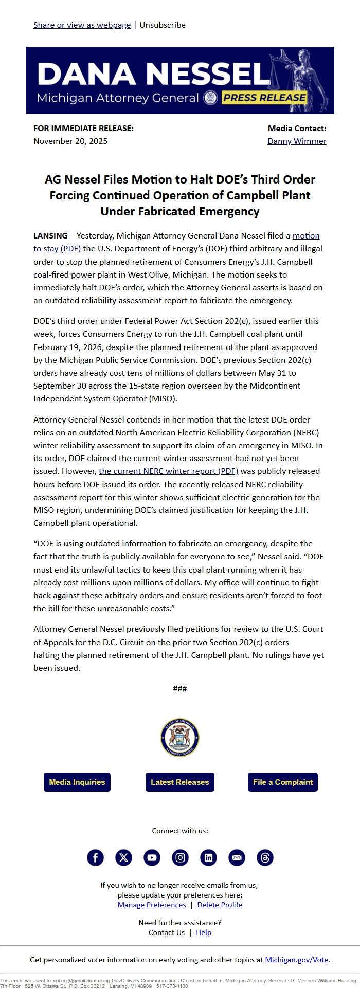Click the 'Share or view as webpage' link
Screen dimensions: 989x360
coord(82,25)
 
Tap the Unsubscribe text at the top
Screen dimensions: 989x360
coord(163,25)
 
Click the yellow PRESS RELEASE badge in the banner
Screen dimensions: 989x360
coord(265,98)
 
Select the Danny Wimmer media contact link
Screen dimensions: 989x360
coord(297,141)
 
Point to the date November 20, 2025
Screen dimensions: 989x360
coord(70,141)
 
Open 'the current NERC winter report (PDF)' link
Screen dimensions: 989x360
coord(168,471)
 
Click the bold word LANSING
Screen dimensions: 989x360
coord(50,235)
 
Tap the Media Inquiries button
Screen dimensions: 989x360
coord(77,782)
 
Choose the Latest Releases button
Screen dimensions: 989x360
coord(179,782)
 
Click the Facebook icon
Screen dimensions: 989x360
coord(95,857)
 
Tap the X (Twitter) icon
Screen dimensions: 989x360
coord(123,857)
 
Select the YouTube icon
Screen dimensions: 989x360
coord(152,857)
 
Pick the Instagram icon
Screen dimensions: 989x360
coord(180,857)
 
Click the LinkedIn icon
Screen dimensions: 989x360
coord(208,857)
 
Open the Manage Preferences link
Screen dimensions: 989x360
coord(152,905)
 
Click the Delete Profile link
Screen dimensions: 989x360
coord(220,905)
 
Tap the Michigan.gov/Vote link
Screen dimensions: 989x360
coord(296,959)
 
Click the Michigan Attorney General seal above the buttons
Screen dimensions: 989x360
coord(179,738)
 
